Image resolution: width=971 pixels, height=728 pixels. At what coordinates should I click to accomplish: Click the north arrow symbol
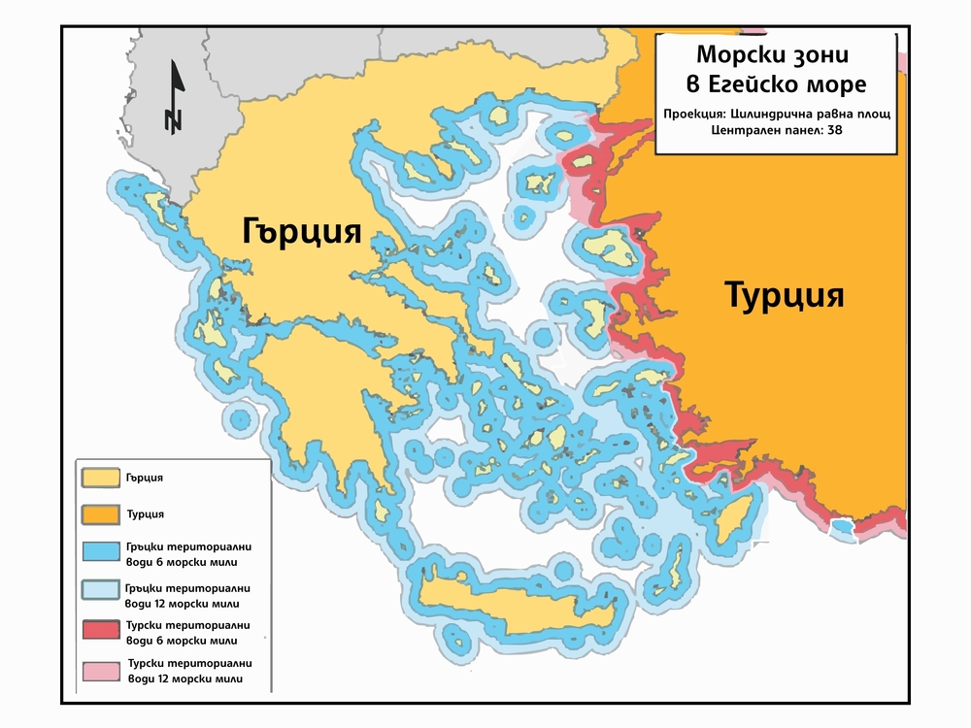pos(174,97)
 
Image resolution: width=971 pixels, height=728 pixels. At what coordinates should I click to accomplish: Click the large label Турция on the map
pos(785,295)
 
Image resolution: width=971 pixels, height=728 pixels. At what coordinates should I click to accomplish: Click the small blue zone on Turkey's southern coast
pos(842,526)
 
